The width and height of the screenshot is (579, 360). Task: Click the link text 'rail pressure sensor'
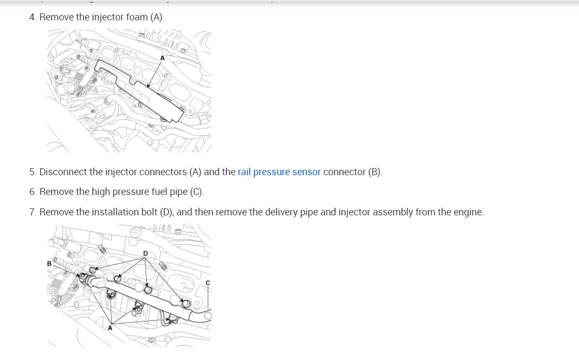click(x=279, y=172)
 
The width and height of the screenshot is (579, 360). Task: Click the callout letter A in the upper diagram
click(x=161, y=57)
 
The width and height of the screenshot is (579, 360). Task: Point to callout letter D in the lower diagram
click(x=145, y=253)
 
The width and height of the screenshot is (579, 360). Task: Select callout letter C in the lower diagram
click(x=208, y=283)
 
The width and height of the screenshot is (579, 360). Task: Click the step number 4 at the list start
click(x=32, y=17)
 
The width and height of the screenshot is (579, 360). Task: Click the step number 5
click(x=32, y=172)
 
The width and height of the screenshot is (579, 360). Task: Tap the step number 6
click(x=32, y=192)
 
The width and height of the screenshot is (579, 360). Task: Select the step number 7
click(x=32, y=212)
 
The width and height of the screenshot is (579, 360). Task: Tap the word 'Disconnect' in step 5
click(x=63, y=172)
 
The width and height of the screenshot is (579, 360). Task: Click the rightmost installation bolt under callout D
click(x=185, y=304)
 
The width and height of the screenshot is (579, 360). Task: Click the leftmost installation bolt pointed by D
click(x=93, y=271)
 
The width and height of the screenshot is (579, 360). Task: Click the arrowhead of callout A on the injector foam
click(x=147, y=86)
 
